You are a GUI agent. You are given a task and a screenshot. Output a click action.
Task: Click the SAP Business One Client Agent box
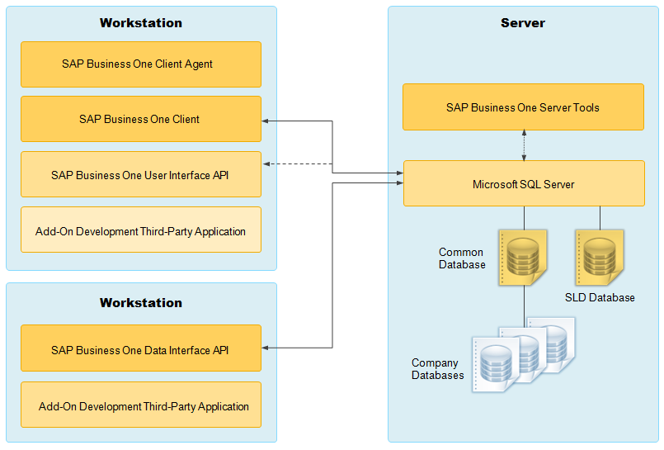pyautogui.click(x=141, y=64)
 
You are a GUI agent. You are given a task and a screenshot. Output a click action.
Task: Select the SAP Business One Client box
pyautogui.click(x=141, y=119)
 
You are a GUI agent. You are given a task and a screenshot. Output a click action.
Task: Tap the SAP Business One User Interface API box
pyautogui.click(x=141, y=174)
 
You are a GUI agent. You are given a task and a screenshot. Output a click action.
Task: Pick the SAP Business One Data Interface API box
pyautogui.click(x=141, y=348)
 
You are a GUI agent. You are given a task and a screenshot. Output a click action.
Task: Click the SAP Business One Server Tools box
pyautogui.click(x=524, y=107)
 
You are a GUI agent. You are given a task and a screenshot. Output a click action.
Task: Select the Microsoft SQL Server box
pyautogui.click(x=524, y=183)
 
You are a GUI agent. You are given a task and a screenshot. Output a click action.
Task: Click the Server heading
pyautogui.click(x=523, y=23)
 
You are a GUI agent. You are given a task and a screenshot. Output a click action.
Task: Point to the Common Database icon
pyautogui.click(x=523, y=258)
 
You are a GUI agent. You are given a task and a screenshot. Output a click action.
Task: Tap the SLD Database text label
pyautogui.click(x=600, y=297)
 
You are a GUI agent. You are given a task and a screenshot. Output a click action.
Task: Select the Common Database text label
pyautogui.click(x=462, y=258)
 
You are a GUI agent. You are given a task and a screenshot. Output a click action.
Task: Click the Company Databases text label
pyautogui.click(x=437, y=369)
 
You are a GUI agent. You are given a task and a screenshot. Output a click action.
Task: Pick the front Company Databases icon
pyautogui.click(x=496, y=364)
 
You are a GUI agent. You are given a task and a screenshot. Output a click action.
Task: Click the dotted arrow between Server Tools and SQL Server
pyautogui.click(x=524, y=145)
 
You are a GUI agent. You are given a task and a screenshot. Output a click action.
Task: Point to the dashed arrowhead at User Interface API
pyautogui.click(x=266, y=164)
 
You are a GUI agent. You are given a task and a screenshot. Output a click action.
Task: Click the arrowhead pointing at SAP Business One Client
pyautogui.click(x=266, y=121)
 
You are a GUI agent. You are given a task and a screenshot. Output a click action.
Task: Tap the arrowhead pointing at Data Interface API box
pyautogui.click(x=266, y=348)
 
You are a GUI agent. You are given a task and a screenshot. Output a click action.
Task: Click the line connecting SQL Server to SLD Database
pyautogui.click(x=600, y=218)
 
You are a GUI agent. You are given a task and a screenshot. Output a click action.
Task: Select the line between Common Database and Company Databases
pyautogui.click(x=525, y=306)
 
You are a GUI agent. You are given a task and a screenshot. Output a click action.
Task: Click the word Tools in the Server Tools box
pyautogui.click(x=586, y=107)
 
